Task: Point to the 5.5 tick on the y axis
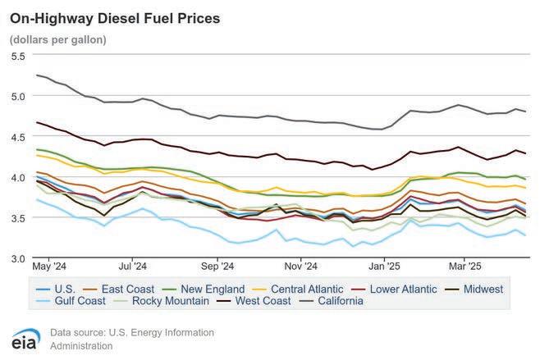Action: [x=17, y=56]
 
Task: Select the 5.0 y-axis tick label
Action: [x=17, y=96]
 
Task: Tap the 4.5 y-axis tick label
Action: [x=17, y=137]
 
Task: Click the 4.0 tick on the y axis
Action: [x=17, y=177]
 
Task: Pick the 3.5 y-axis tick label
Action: [x=17, y=218]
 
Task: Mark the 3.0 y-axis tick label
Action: [x=17, y=258]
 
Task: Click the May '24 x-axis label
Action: [x=48, y=267]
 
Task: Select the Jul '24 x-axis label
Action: [x=133, y=267]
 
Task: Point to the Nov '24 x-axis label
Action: [x=301, y=267]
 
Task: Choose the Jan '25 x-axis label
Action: [x=384, y=267]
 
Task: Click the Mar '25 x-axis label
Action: [x=464, y=267]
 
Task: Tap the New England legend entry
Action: [x=211, y=289]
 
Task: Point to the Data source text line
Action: [x=131, y=333]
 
